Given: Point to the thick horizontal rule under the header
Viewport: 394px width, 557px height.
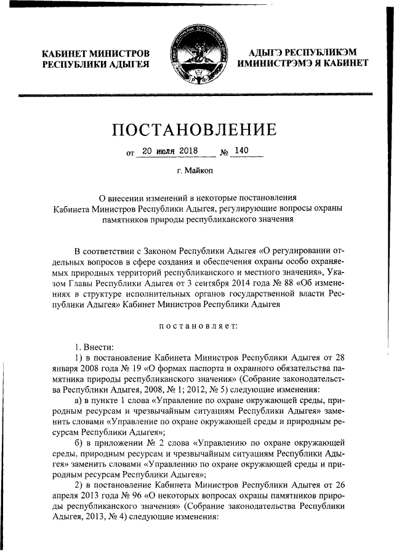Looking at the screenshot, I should tap(197, 95).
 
